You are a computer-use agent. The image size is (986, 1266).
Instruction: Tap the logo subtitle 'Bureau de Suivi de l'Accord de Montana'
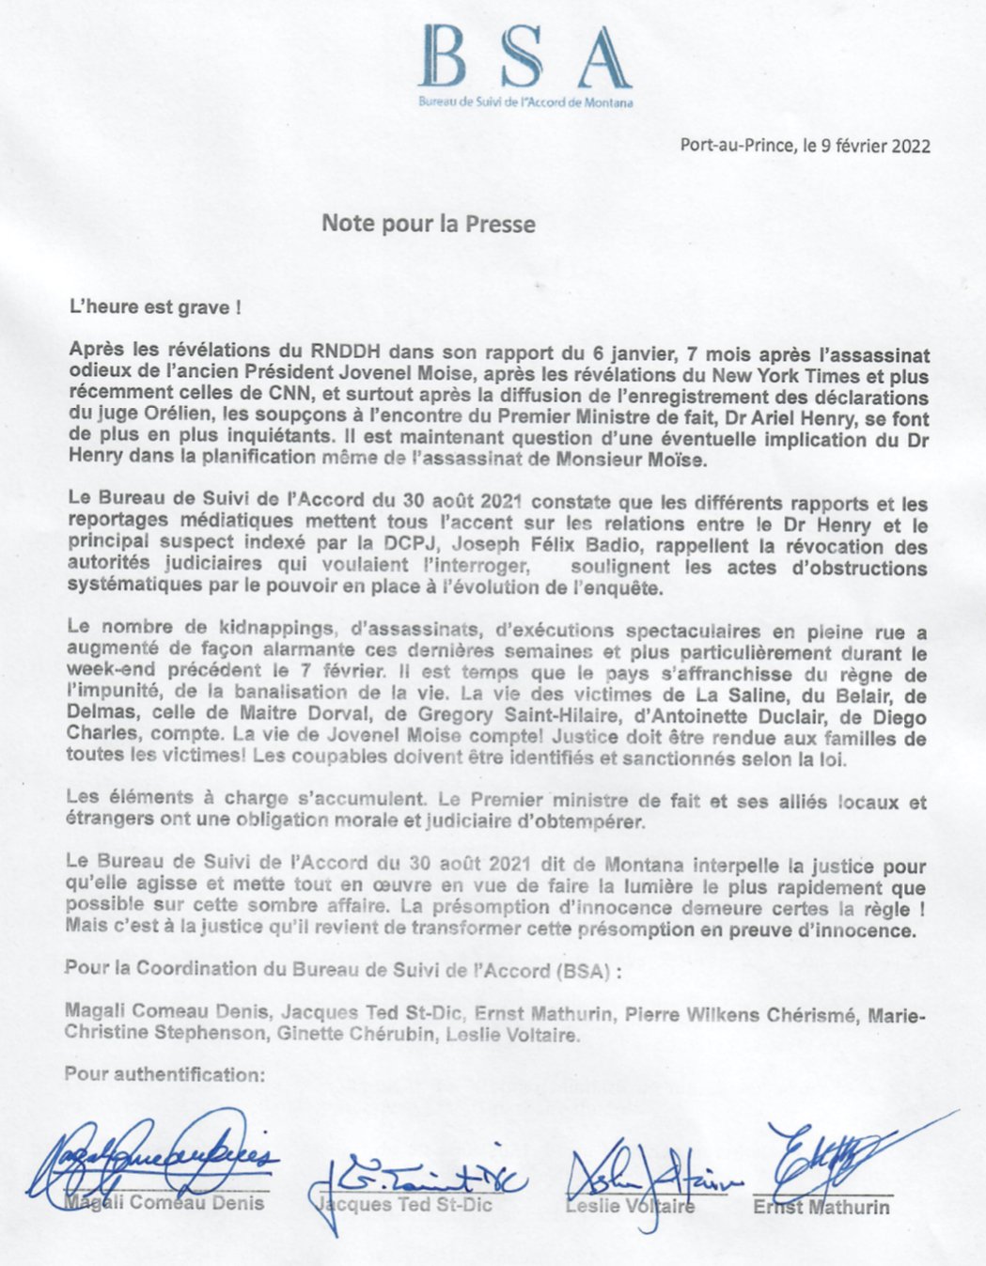click(525, 102)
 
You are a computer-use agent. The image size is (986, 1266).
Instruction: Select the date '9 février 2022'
click(876, 146)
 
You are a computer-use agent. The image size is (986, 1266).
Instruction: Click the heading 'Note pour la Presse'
click(429, 224)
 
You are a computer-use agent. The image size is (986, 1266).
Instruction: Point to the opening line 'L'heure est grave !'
click(147, 306)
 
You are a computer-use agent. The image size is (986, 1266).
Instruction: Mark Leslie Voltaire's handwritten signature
click(649, 1175)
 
